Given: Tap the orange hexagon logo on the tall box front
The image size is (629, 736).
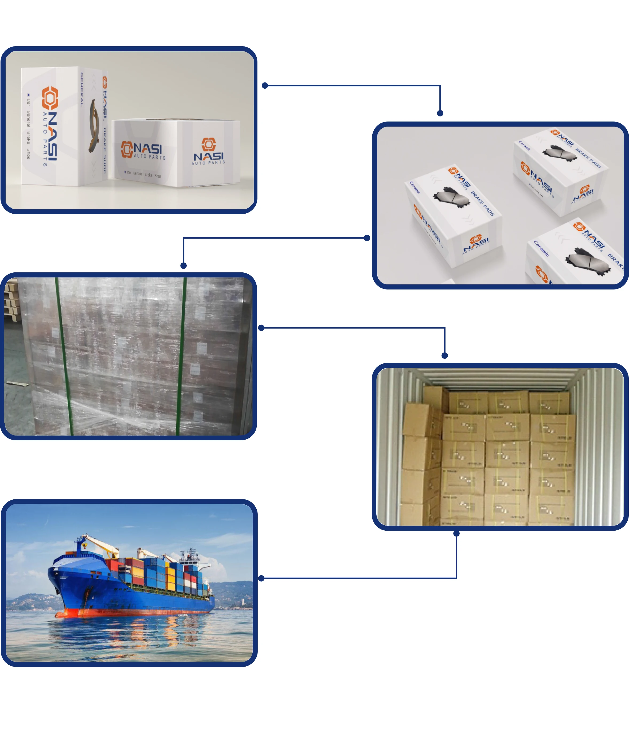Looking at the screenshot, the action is click(x=50, y=98).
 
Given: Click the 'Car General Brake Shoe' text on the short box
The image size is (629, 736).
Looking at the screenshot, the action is click(x=143, y=174).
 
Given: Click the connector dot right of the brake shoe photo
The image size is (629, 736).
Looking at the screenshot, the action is click(x=265, y=86).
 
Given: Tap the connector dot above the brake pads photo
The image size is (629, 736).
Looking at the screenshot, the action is click(x=440, y=113).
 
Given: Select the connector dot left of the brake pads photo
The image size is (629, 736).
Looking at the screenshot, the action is click(x=367, y=238).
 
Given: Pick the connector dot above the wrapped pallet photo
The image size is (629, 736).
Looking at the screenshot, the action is click(x=183, y=266).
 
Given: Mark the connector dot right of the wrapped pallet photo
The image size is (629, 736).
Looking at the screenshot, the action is click(x=261, y=328).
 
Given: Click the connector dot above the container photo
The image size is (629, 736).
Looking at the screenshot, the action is click(x=445, y=355).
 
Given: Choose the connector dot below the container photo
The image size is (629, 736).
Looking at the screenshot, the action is click(x=456, y=534).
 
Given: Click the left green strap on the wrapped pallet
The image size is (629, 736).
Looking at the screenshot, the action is click(x=64, y=355).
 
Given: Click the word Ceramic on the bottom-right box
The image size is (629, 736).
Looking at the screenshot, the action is click(x=541, y=248).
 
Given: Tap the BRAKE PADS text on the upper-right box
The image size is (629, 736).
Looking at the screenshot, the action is click(x=588, y=158).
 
